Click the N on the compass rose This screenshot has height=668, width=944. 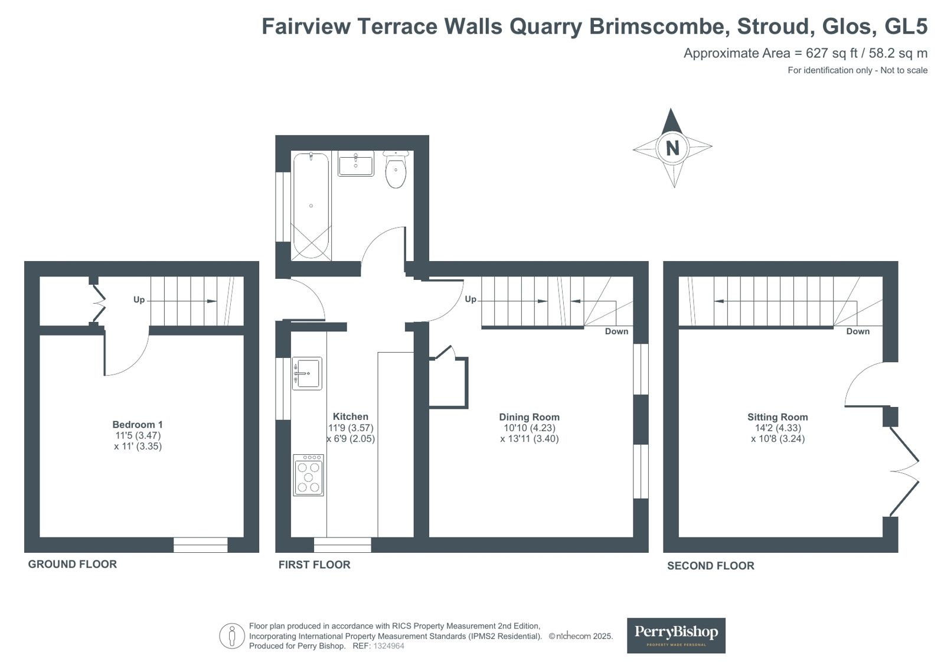coord(672,148)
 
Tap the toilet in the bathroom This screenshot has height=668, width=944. coord(396,169)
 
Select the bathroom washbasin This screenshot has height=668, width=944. coord(355,163)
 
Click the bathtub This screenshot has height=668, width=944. coord(311,206)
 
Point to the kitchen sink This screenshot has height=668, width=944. coord(307,373)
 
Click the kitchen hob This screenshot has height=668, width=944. coord(309,475)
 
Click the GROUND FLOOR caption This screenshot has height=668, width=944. coord(73,564)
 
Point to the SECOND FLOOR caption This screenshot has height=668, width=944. coord(711,565)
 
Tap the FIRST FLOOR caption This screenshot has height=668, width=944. coord(315,565)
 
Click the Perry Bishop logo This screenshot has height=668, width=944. coord(676,636)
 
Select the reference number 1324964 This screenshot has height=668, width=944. coord(388,646)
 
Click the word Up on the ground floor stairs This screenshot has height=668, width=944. coord(139,300)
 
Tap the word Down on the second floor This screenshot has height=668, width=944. coord(858,331)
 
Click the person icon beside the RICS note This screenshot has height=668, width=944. coord(232,636)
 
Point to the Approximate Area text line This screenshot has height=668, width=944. coord(805,53)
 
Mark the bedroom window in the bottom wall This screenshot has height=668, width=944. coord(201,545)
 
